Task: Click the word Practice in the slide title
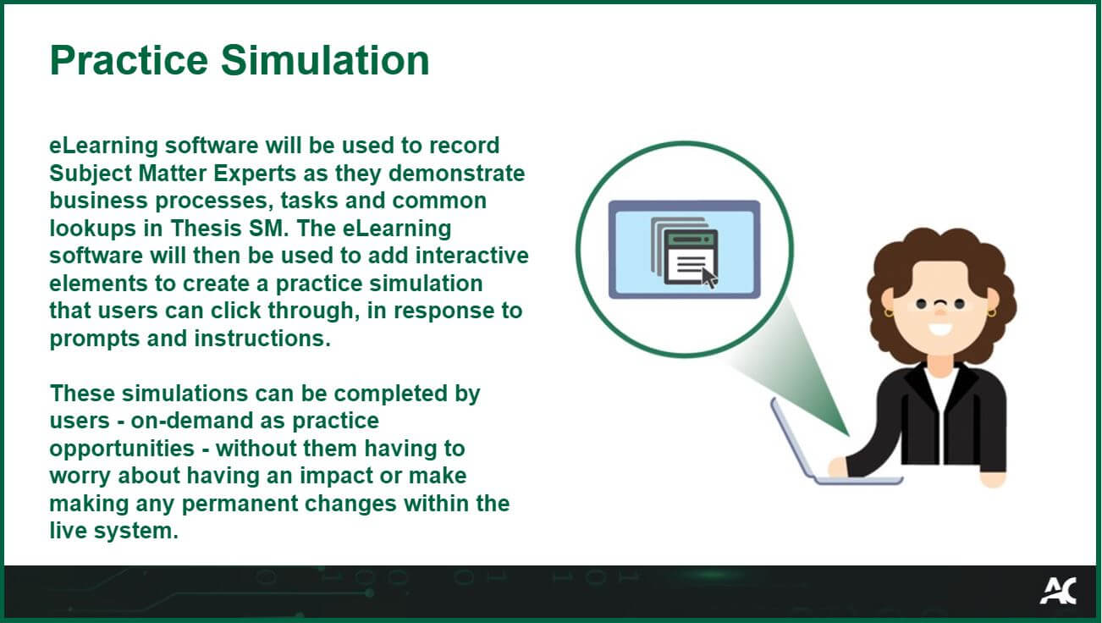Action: [x=129, y=61]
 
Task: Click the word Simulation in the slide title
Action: [x=325, y=61]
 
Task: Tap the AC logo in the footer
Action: [x=1058, y=591]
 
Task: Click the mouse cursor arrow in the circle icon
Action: [x=709, y=278]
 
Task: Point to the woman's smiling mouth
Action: [x=939, y=328]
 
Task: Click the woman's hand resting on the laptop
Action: [x=838, y=467]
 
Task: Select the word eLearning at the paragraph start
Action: [x=103, y=146]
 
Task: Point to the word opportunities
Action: [x=122, y=449]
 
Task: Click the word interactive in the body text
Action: [x=471, y=256]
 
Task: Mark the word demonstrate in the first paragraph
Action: [x=456, y=174]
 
